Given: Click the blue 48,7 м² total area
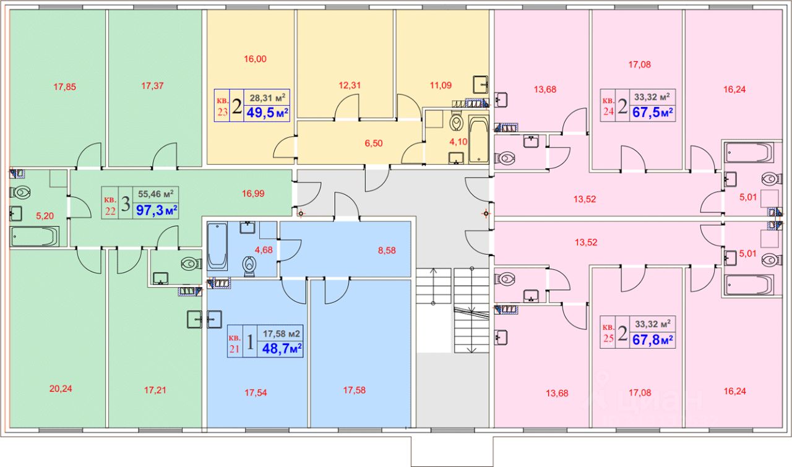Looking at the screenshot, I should [x=282, y=349].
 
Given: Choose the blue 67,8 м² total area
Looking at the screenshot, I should [x=652, y=340].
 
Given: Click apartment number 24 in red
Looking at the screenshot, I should [x=608, y=113].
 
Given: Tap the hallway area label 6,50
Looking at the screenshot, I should [x=374, y=143].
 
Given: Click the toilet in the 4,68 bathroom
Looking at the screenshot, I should [x=250, y=266].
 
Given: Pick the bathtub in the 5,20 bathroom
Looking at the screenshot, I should [x=35, y=236].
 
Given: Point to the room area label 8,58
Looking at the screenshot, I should [x=386, y=250].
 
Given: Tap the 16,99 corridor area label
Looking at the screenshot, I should [x=253, y=194].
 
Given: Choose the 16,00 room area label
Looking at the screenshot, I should [x=255, y=59].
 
